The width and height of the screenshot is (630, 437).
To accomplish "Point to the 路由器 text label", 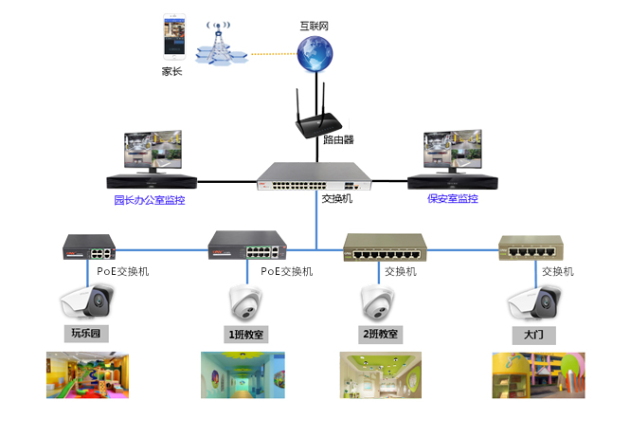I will (x=337, y=139).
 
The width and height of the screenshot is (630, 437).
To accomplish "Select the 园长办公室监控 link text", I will (x=150, y=200).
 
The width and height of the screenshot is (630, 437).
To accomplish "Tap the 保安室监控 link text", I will (x=452, y=200).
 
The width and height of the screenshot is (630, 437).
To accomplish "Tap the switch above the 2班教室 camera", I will (x=386, y=247).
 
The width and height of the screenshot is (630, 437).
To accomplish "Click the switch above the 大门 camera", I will (x=537, y=247).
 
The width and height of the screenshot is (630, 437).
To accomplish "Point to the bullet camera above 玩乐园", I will (x=87, y=302).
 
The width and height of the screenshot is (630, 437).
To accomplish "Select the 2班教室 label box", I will (x=381, y=334).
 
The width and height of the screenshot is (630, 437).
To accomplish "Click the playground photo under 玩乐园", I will (x=87, y=374).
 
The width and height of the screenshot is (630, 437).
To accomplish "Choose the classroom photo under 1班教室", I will (x=242, y=374).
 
